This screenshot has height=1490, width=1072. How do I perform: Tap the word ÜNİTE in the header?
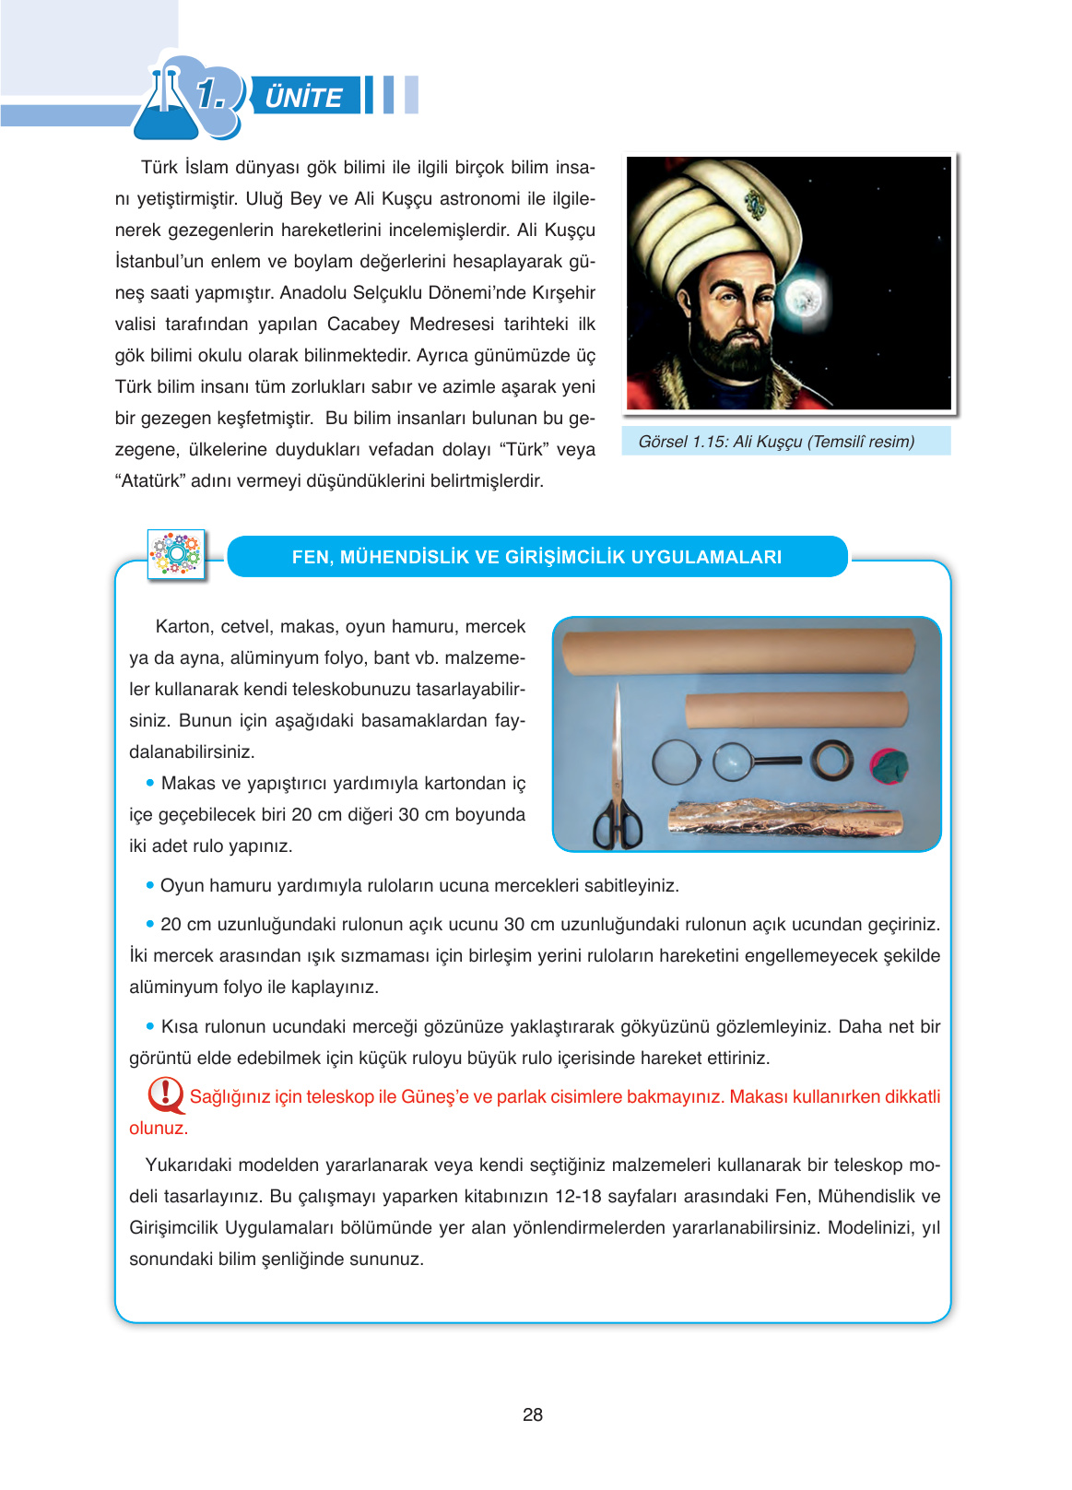click(x=303, y=97)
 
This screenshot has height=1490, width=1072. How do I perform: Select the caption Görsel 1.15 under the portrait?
click(x=776, y=442)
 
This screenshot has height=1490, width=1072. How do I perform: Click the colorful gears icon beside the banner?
click(x=176, y=554)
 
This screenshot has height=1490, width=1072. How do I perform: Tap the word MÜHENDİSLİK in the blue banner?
click(x=430, y=557)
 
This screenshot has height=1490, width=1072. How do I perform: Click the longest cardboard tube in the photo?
click(x=738, y=649)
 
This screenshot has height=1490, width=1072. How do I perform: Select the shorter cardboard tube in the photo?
click(x=796, y=710)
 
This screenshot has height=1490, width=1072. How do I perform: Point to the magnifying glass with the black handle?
click(x=751, y=762)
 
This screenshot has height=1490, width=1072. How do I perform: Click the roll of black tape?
click(x=832, y=761)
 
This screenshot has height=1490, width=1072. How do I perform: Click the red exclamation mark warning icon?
click(x=165, y=1094)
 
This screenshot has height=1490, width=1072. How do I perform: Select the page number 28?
click(x=533, y=1414)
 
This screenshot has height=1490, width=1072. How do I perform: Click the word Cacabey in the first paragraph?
click(x=363, y=325)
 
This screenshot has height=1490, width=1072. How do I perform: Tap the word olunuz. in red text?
click(x=159, y=1129)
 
